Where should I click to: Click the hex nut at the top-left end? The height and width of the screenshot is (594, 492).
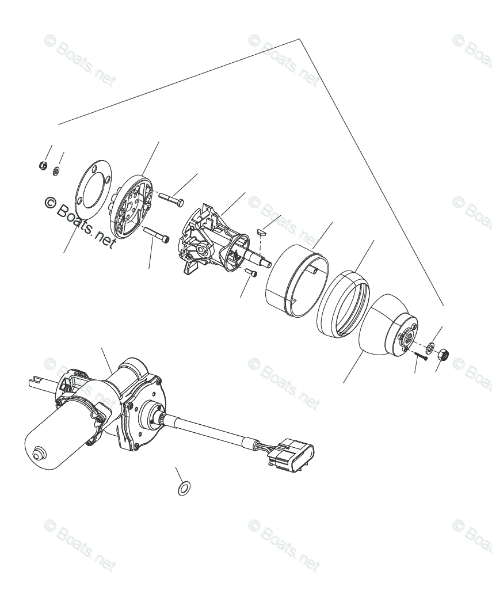tap(42, 166)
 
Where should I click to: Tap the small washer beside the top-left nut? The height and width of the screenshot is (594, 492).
tap(56, 170)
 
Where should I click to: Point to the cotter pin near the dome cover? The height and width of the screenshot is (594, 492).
tap(421, 356)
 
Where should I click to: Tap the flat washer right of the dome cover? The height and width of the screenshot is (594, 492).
tap(430, 348)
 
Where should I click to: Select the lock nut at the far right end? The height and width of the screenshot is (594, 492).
tap(444, 353)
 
